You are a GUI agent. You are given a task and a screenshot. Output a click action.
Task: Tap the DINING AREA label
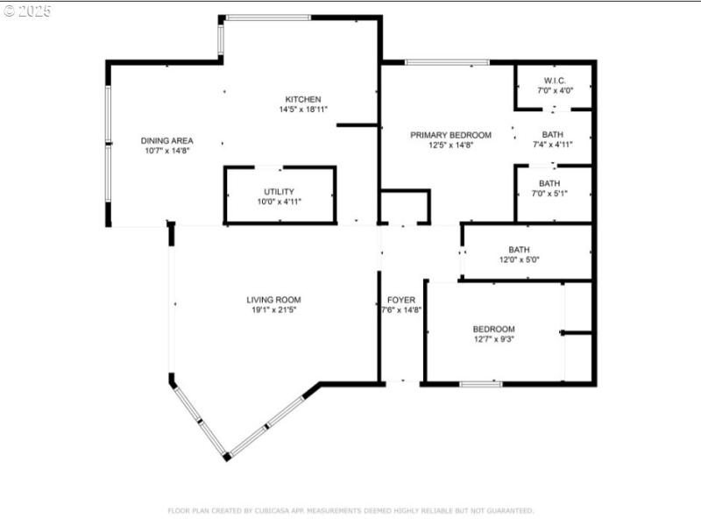166,140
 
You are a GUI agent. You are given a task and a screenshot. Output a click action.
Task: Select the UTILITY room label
280,191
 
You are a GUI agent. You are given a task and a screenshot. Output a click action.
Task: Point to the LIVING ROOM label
273,300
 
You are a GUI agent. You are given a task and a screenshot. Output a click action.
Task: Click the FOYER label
401,300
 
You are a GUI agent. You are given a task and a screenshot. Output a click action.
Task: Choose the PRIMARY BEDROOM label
451,135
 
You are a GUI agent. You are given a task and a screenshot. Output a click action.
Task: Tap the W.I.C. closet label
554,80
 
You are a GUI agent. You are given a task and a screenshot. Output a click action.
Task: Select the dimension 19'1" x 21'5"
273,309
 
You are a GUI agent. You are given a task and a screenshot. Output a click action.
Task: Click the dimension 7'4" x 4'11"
552,145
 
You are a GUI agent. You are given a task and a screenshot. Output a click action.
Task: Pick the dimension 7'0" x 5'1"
549,193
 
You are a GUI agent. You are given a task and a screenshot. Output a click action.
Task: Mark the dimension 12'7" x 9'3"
494,338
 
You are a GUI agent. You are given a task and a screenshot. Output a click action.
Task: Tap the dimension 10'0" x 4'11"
280,202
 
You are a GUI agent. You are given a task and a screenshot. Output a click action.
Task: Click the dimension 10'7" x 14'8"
166,151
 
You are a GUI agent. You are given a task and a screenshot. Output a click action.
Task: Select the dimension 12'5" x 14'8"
451,146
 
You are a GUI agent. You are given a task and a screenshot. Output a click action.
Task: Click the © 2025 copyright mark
27,11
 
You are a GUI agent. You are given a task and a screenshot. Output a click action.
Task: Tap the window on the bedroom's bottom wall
481,384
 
